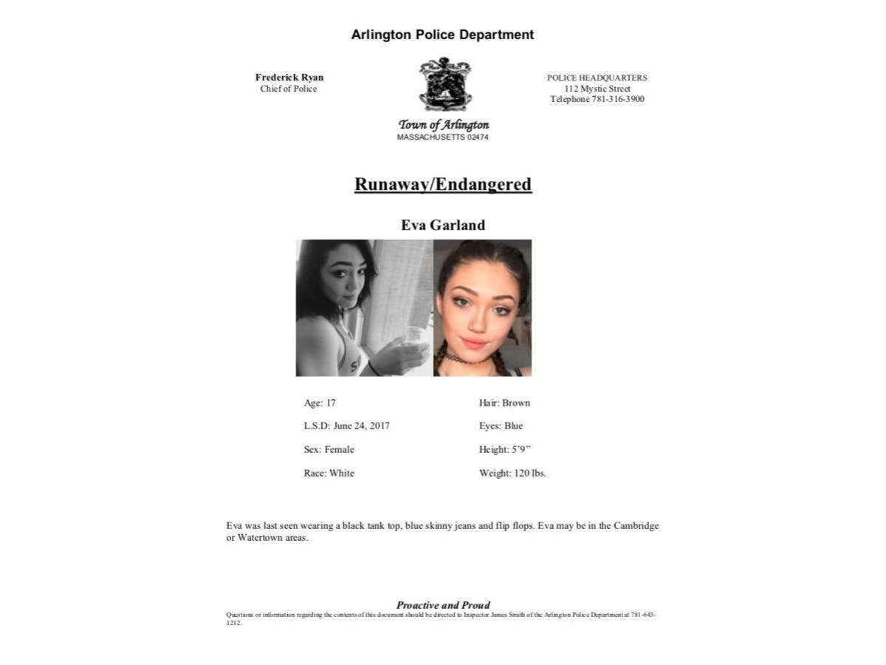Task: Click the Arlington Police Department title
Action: (442, 35)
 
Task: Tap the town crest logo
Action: (444, 84)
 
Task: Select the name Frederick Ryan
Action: (289, 78)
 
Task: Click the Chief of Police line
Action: (289, 89)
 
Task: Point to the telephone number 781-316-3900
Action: (618, 99)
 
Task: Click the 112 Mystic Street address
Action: (597, 89)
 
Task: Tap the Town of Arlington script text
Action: (444, 125)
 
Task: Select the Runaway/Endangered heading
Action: (443, 184)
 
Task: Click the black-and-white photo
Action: (364, 308)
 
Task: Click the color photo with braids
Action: (483, 308)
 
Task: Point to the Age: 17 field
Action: (320, 403)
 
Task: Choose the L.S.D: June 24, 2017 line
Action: (346, 426)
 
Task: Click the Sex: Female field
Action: (329, 449)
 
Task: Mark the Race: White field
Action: (329, 473)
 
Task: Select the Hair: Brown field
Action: (504, 403)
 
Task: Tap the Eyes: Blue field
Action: (501, 426)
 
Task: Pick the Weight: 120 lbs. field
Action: (512, 473)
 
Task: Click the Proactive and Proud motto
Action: (443, 605)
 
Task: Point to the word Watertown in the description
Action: (261, 538)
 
